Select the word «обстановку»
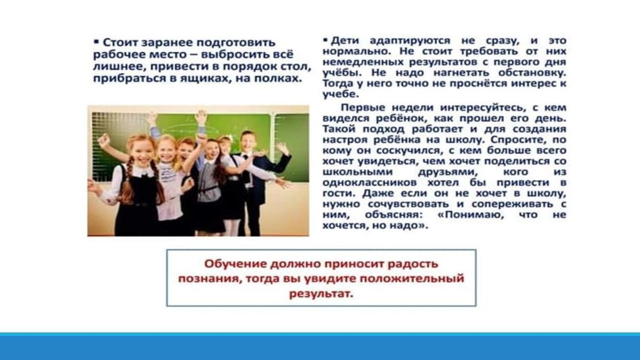[532, 73]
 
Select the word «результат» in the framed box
[321, 294]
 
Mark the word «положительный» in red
[412, 279]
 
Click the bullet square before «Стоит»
[96, 42]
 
